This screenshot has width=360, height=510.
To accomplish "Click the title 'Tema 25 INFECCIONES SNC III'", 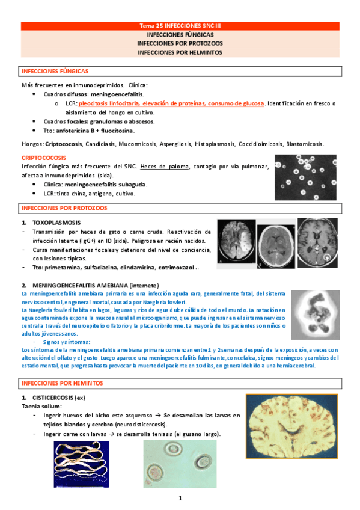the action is point(180,26).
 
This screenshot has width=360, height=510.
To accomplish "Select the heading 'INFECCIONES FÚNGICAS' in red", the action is point(55,71).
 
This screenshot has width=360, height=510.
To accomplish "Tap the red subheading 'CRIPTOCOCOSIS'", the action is point(44,158).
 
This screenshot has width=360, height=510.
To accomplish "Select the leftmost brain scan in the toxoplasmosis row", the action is point(236,242).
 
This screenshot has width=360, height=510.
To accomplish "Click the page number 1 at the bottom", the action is point(180,498).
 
